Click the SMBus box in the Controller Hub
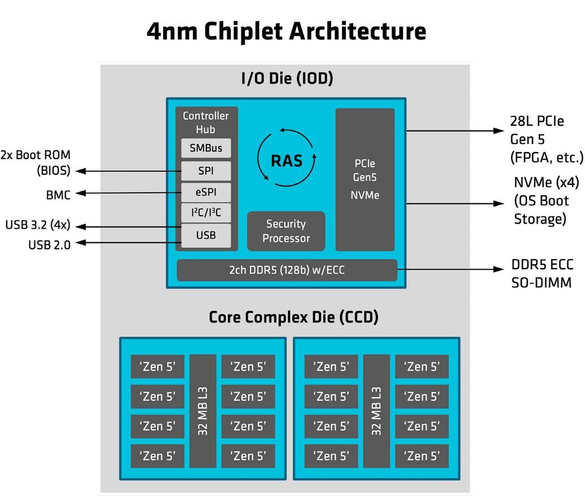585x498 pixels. pyautogui.click(x=206, y=149)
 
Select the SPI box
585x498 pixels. pyautogui.click(x=206, y=171)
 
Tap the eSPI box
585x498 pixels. pyautogui.click(x=206, y=193)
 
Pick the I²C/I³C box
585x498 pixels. pyautogui.click(x=206, y=214)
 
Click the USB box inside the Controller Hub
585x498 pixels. pyautogui.click(x=206, y=235)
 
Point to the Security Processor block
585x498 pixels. pyautogui.click(x=286, y=231)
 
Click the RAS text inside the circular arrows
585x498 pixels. pyautogui.click(x=287, y=161)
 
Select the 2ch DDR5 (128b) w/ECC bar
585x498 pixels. pyautogui.click(x=287, y=270)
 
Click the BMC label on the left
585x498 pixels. pyautogui.click(x=58, y=195)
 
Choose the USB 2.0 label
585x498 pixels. pyautogui.click(x=49, y=244)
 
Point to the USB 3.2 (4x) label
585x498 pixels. pyautogui.click(x=38, y=225)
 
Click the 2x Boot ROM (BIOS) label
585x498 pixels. pyautogui.click(x=36, y=162)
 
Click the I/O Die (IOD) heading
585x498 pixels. pyautogui.click(x=287, y=78)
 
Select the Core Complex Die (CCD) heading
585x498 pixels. pyautogui.click(x=293, y=317)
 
